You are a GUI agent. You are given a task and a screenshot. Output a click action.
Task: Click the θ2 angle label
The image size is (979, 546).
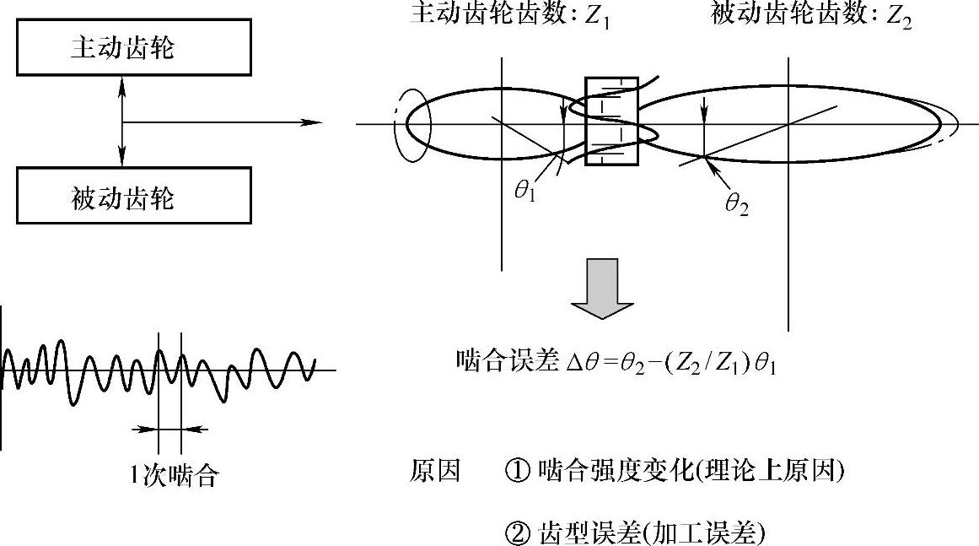(x=736, y=203)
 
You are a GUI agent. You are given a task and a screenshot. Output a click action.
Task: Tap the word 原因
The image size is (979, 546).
(x=435, y=471)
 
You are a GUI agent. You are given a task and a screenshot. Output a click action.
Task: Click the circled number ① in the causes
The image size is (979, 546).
(x=515, y=471)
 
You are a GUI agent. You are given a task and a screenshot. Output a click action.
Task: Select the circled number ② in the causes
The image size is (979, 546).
(x=515, y=532)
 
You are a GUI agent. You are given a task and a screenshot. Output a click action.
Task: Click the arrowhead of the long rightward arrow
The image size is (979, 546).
(x=314, y=122)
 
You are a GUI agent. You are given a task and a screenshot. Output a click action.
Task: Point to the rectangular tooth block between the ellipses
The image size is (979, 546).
(x=612, y=120)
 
